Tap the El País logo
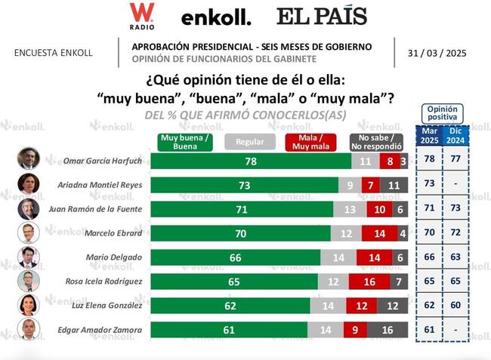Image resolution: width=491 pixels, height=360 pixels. coord(321,17)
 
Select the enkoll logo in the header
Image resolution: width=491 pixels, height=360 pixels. coord(216,17)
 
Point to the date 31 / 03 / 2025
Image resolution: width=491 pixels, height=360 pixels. coord(437,53)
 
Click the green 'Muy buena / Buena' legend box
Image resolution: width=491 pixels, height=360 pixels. coord(186,141)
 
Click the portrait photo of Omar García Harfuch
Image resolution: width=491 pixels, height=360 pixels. coord(29,159)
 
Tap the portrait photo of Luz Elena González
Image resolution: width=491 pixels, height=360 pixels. coord(29,305)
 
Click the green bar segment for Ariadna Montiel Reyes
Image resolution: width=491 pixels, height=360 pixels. coord(245,184)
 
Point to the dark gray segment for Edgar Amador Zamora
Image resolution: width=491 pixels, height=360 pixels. coord(388,330)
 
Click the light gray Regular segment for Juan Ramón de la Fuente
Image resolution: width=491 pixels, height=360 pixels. coord(350,208)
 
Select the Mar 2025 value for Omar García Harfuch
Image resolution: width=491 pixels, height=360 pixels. coord(429,160)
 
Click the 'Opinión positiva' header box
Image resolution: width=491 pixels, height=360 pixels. coord(443,113)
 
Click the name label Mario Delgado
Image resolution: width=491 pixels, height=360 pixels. coord(119,257)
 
